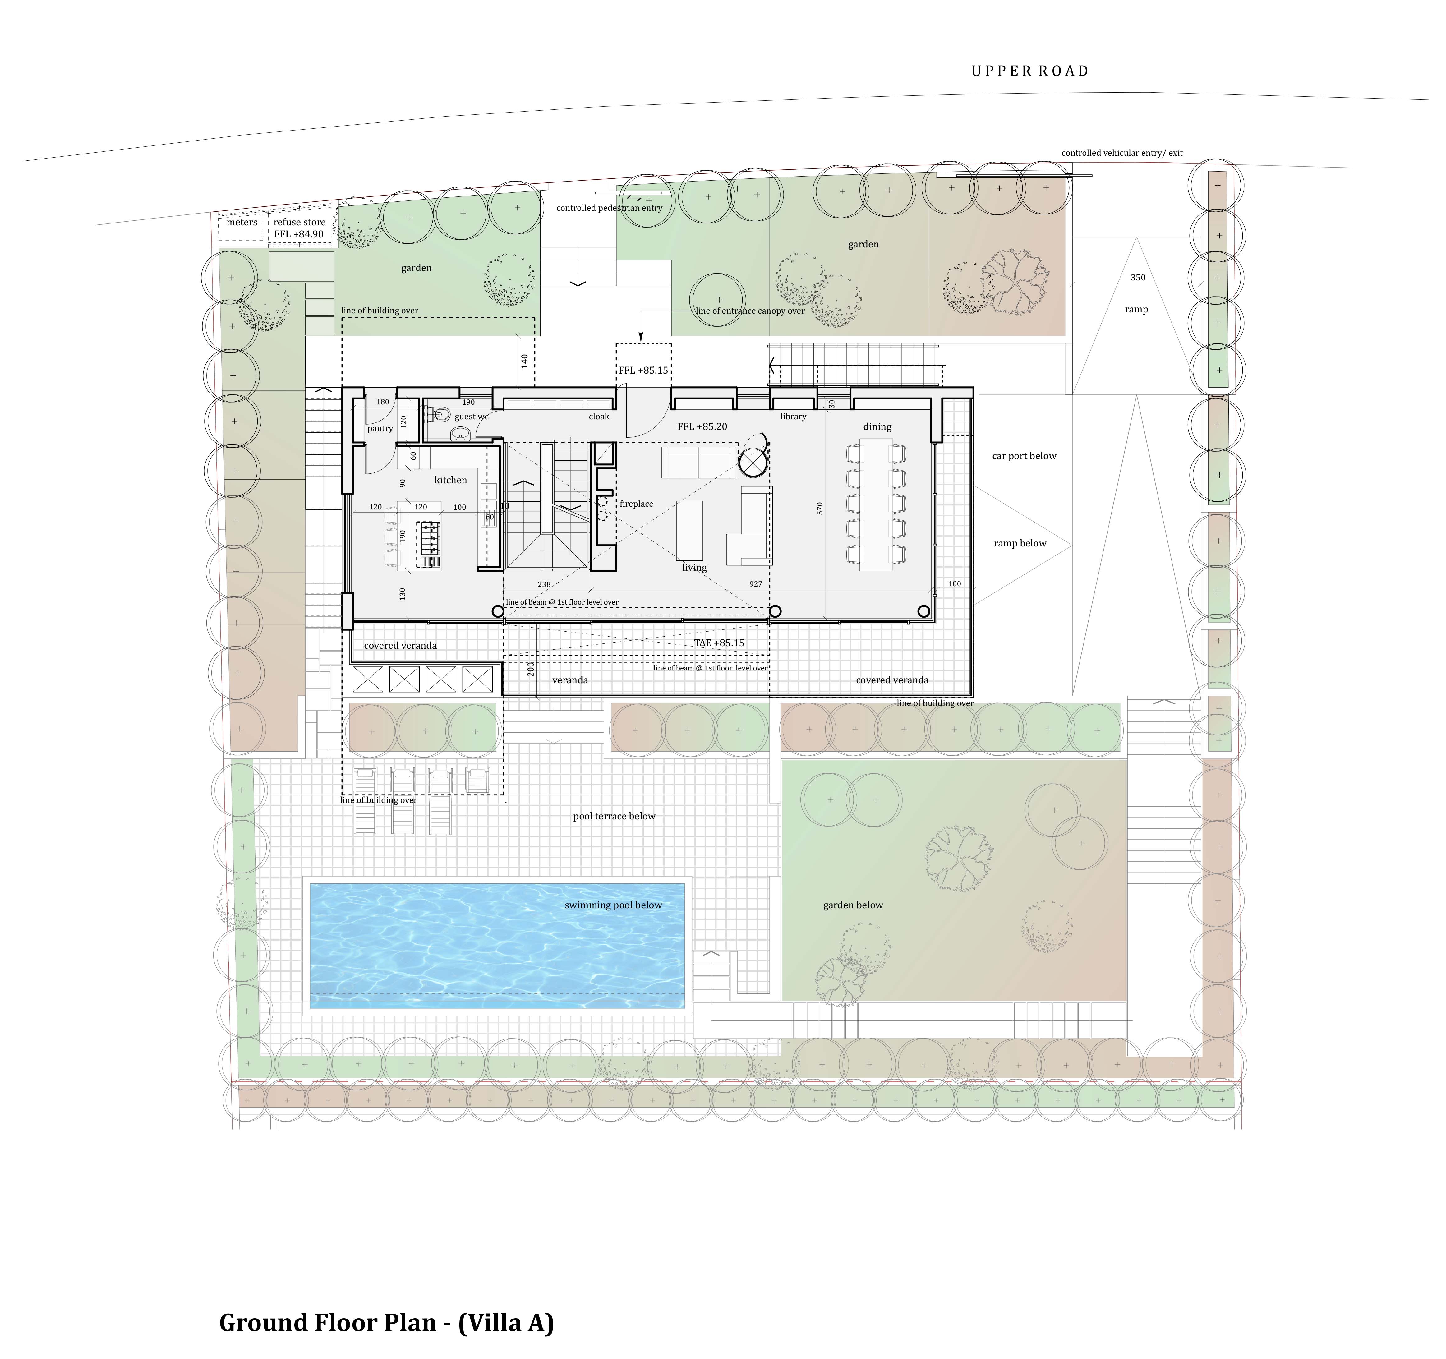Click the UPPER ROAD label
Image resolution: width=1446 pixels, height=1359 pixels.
[x=1030, y=71]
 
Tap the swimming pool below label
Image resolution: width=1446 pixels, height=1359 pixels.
[x=613, y=905]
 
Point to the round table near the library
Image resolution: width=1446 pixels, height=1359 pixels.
[x=753, y=461]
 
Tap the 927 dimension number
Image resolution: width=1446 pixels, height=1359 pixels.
[x=756, y=583]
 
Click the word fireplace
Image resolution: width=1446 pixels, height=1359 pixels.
[x=637, y=504]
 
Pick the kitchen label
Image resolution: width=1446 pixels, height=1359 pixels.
[x=451, y=480]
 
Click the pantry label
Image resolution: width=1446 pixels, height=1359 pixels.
[x=380, y=429]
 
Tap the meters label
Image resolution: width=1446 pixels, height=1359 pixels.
[x=242, y=222]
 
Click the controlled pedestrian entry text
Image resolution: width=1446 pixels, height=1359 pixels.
[x=610, y=208]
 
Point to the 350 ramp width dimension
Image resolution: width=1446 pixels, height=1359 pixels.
[x=1138, y=277]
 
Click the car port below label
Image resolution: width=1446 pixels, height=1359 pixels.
[x=1024, y=456]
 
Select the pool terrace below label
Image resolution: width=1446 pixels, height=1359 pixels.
[x=614, y=816]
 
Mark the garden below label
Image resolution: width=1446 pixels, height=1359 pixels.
[x=853, y=905]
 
